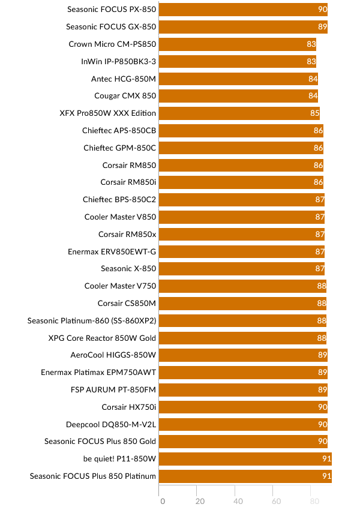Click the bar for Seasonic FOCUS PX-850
coord(243,10)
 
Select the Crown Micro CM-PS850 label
coord(112,44)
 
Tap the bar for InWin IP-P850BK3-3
coord(238,61)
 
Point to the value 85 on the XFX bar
coord(314,113)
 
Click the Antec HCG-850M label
coord(124,79)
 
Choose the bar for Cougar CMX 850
coord(238,96)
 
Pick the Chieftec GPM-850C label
coord(120,148)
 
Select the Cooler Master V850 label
coord(120,217)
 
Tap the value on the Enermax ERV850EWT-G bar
coord(320,251)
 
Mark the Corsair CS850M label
coord(127,303)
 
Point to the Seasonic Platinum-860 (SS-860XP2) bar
coord(243,320)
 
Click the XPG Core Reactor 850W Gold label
coord(102,338)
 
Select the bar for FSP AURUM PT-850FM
coord(244,389)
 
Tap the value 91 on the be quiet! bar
coord(326,459)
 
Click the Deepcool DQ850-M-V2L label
coord(111,424)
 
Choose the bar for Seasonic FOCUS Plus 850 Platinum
coord(245,476)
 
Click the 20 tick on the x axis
coord(200,501)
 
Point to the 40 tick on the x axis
coord(238,501)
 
